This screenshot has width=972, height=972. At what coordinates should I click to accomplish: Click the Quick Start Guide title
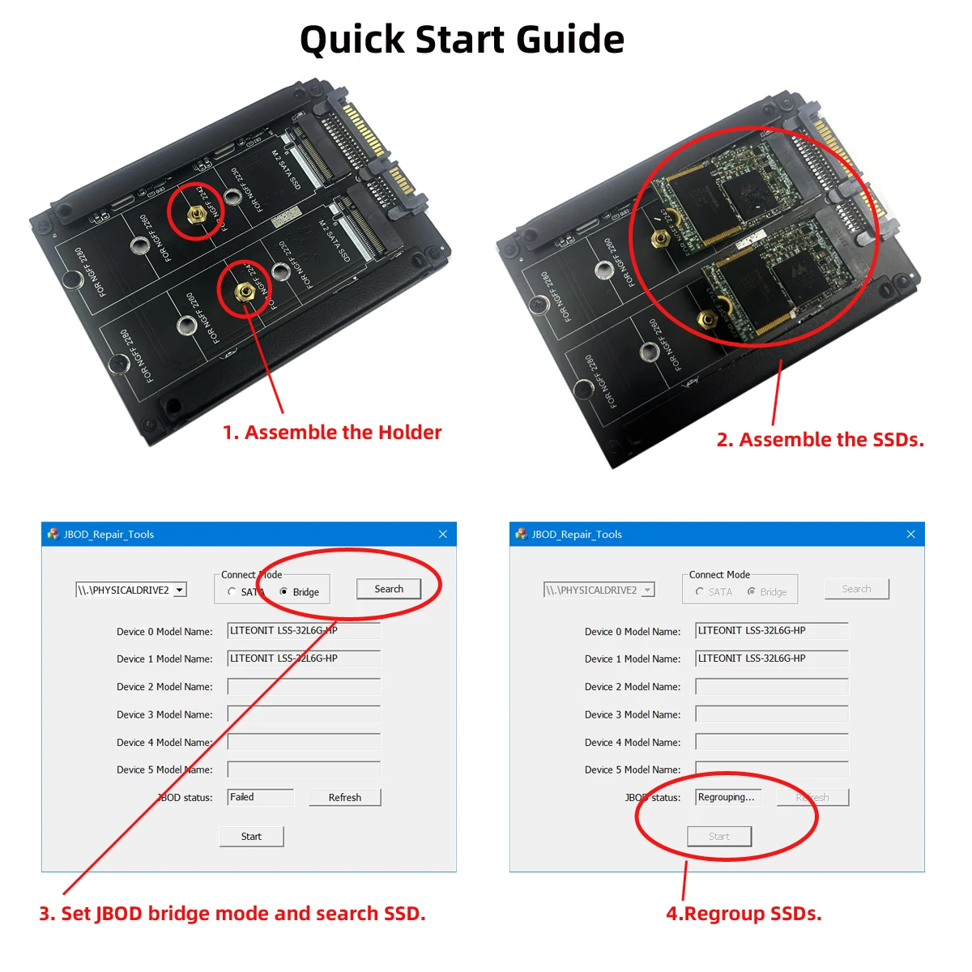(462, 40)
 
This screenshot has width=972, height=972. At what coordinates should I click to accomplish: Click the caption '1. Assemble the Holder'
(332, 433)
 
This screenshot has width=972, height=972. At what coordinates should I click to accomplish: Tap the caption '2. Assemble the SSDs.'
(820, 440)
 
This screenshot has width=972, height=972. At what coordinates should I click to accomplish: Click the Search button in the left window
(389, 589)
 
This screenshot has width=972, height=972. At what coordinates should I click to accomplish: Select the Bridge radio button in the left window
(283, 592)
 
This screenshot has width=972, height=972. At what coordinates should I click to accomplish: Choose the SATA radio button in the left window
(232, 592)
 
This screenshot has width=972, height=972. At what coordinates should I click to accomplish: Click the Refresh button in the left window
(344, 798)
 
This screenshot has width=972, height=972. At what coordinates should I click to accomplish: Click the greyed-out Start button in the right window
(719, 837)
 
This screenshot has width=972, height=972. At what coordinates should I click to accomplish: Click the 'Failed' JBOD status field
(260, 797)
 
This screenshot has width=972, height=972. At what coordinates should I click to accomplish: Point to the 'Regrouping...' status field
(728, 797)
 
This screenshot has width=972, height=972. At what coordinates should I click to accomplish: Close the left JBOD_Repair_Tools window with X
(442, 534)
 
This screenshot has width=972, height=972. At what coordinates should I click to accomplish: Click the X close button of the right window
(910, 534)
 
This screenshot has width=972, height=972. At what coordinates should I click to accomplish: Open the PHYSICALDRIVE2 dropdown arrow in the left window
(180, 590)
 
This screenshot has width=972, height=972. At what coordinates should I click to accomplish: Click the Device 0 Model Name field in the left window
(304, 631)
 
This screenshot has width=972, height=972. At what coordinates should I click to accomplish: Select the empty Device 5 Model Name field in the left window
(304, 769)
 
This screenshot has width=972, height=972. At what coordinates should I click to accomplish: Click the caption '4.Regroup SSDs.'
(744, 914)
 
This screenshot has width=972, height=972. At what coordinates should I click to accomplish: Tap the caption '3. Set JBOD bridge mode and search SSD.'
(232, 914)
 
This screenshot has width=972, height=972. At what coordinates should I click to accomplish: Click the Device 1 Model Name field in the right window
(771, 659)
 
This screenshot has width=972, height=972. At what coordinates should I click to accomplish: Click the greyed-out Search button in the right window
(856, 589)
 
